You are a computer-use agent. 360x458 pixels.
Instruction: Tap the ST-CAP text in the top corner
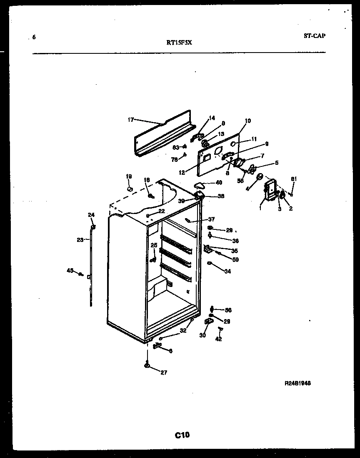point(314,36)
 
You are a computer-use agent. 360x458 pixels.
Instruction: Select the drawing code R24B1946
point(297,383)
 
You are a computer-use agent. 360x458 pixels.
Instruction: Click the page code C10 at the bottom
point(182,435)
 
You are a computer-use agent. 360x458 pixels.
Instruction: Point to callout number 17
point(130,120)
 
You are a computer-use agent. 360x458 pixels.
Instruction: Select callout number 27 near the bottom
point(163,372)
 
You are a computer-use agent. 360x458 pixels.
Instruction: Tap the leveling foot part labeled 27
point(147,365)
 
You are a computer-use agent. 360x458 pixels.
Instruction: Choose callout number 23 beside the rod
point(80,240)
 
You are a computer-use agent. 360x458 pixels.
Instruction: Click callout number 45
point(70,271)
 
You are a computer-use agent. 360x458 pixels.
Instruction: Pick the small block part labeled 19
point(129,189)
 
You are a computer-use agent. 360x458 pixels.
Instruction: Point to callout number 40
point(218,182)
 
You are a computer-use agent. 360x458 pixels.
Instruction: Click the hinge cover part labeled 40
point(200,186)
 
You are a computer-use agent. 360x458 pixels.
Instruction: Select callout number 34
point(227,272)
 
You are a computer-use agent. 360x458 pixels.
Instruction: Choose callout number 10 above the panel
point(247,121)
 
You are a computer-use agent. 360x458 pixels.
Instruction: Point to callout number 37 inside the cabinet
point(211,219)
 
